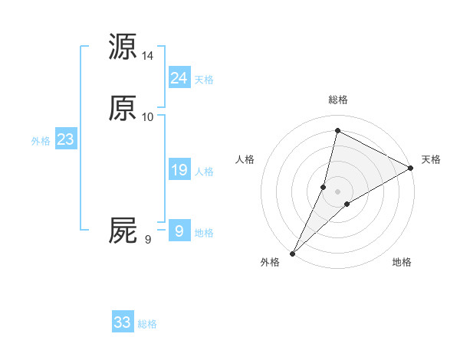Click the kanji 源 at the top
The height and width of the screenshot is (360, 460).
123,47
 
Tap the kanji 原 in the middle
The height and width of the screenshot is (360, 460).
123,108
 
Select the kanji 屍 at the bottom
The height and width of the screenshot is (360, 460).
123,231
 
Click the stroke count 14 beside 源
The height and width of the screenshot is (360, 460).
148,56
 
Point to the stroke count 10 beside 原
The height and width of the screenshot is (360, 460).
148,117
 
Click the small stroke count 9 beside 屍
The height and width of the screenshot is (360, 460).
148,240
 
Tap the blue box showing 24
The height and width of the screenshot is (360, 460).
179,77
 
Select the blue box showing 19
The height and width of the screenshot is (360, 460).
179,170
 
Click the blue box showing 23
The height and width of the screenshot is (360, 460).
65,139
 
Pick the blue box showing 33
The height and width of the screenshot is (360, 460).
123,322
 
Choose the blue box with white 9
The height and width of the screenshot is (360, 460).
179,231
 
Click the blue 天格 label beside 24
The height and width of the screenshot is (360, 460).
204,80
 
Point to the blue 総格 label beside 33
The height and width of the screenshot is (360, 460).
148,325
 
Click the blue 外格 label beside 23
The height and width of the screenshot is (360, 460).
41,142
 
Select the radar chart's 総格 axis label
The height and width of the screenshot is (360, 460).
338,100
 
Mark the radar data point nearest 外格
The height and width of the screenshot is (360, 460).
292,253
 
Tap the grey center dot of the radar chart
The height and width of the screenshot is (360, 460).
338,191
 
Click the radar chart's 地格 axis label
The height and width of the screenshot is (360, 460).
402,263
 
